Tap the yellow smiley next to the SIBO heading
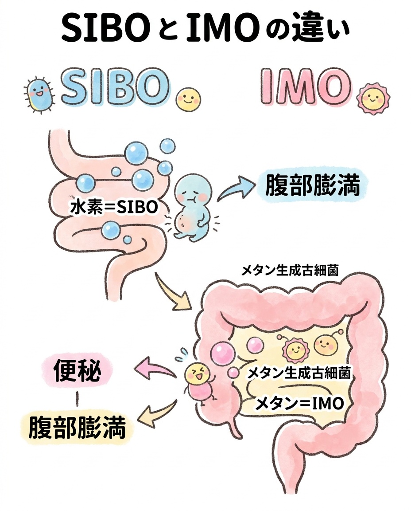coord(188,99)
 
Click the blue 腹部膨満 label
coord(312,186)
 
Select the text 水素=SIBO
coord(114,207)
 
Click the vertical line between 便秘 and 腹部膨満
coord(78,400)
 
